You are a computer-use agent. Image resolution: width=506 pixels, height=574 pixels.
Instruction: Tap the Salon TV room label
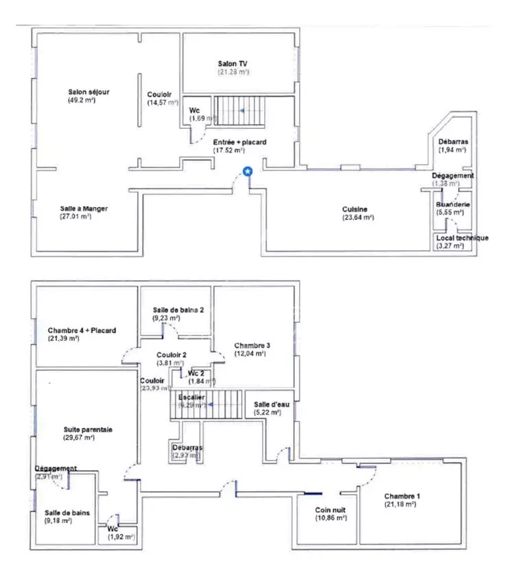[x=233, y=63]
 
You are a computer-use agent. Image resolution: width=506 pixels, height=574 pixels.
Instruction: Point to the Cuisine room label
[x=355, y=209]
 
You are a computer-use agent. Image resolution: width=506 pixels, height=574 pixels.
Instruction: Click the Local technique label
[x=461, y=237]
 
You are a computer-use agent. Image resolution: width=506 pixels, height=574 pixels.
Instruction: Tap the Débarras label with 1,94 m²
[x=452, y=141]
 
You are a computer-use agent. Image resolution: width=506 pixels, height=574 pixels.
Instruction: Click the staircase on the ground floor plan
[x=240, y=110]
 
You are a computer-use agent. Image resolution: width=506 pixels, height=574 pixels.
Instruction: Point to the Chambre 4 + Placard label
[x=82, y=330]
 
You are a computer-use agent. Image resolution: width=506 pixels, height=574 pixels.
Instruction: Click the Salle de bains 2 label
[x=178, y=310]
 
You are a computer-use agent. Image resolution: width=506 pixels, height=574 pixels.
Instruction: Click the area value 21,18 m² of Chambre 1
[x=400, y=504]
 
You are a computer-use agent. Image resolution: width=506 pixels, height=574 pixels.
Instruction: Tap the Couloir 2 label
[x=169, y=355]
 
